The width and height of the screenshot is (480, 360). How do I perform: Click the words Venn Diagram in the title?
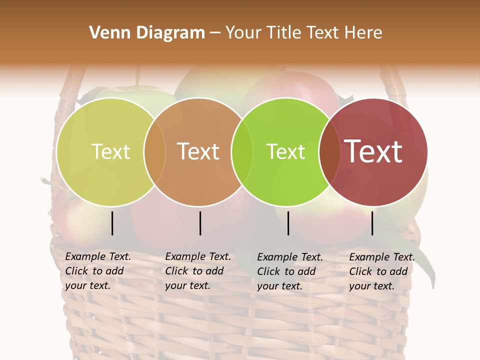click(147, 33)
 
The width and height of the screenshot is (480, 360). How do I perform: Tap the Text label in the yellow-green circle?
click(110, 151)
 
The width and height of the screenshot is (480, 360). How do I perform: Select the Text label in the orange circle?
click(198, 151)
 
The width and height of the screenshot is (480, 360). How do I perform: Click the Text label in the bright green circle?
click(285, 151)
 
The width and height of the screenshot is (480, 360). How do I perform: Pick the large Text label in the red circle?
click(373, 151)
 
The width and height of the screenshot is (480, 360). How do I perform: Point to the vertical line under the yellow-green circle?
click(112, 223)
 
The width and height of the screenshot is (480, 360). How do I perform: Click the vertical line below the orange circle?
click(200, 223)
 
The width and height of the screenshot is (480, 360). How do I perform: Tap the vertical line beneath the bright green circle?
click(288, 223)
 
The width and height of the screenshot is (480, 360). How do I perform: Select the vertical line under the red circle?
click(372, 223)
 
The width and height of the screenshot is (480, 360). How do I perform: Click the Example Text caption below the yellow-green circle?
click(98, 271)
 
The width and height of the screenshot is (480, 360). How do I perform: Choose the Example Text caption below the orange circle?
click(198, 271)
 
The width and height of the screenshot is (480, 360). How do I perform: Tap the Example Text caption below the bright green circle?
click(290, 271)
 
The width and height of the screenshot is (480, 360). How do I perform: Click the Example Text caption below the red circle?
click(382, 271)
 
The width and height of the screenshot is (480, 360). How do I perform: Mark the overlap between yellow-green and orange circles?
click(154, 152)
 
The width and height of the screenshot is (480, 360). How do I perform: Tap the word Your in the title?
click(242, 33)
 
